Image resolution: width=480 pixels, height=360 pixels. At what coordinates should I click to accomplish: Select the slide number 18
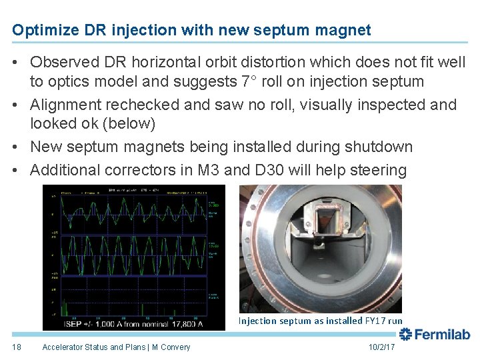click(x=17, y=347)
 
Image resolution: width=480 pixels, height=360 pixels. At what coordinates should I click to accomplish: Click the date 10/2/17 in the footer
click(x=381, y=347)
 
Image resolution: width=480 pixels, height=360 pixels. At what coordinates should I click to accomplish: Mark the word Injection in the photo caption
click(x=258, y=321)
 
